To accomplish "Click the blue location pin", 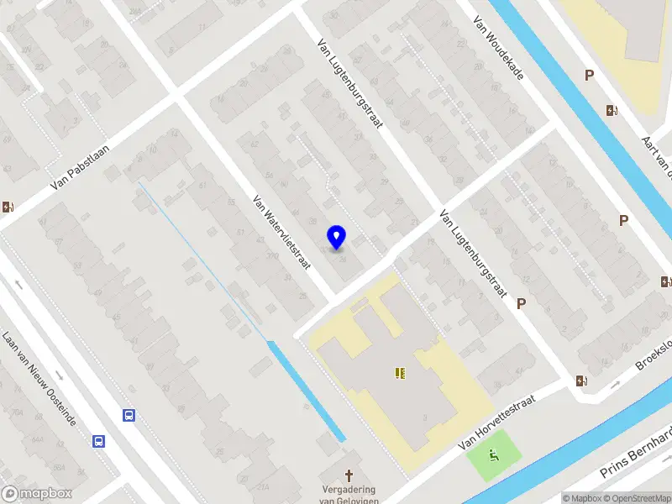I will (337, 237).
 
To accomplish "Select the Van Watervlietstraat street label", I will (281, 232).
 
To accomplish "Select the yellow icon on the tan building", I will (399, 372).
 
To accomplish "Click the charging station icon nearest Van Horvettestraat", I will (581, 381).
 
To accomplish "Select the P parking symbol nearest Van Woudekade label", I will (590, 76).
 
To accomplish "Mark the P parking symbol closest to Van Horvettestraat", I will (522, 303).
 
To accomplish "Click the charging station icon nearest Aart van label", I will (611, 110).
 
